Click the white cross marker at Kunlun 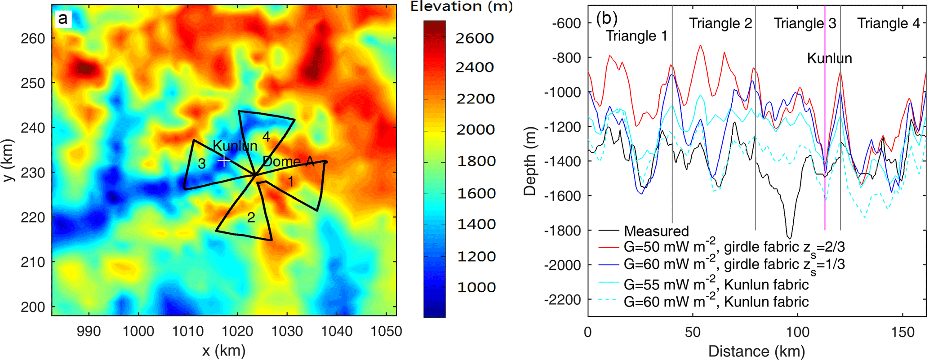tap(224, 160)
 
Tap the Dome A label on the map tap(288, 162)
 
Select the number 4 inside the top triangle tap(266, 137)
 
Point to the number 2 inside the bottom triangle tap(251, 218)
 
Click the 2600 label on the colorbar tap(475, 39)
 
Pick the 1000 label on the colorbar tap(476, 287)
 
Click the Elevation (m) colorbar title tap(461, 6)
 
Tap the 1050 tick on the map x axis tap(386, 332)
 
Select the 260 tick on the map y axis tap(33, 39)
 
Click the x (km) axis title tap(223, 351)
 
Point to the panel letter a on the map tap(62, 18)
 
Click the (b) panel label tap(606, 18)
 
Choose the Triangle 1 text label tap(636, 36)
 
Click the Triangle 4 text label tap(889, 23)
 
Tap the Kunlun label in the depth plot tap(829, 58)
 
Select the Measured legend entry tap(656, 231)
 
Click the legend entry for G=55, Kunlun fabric tap(716, 284)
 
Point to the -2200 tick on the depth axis tap(562, 299)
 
